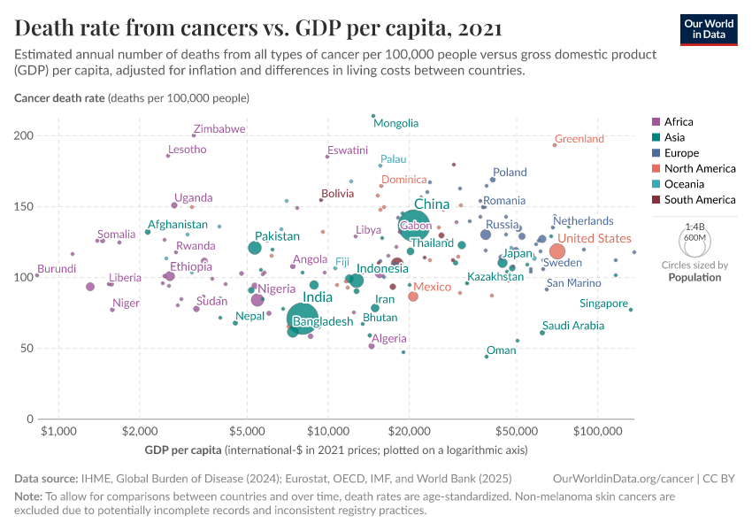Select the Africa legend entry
pos(678,122)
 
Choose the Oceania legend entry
pos(682,184)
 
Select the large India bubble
pos(303,317)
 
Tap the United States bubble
pos(556,251)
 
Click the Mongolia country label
pos(396,123)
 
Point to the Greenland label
pos(579,139)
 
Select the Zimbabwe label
pos(219,129)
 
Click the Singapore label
pos(604,304)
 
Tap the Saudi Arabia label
pos(573,326)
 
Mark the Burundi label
pos(57,268)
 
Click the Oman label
pos(501,350)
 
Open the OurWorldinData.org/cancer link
pos(622,478)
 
